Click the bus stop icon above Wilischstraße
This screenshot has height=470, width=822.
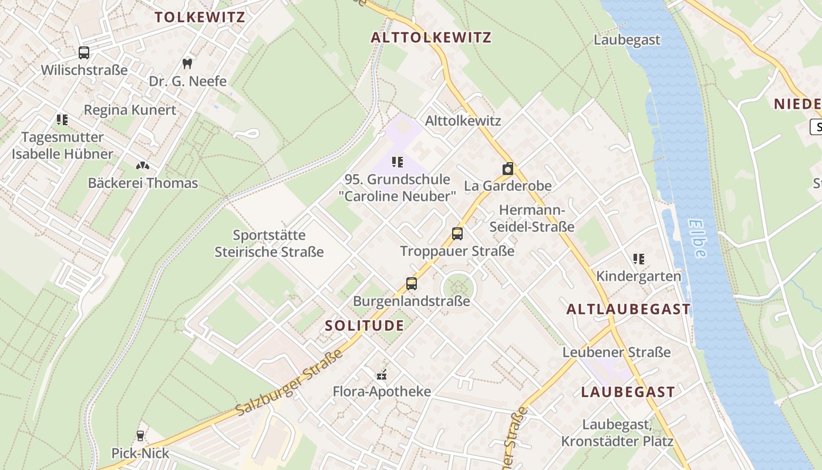click(x=84, y=53)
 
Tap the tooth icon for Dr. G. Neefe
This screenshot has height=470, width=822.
click(x=187, y=63)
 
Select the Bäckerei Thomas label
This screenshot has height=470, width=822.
click(x=143, y=183)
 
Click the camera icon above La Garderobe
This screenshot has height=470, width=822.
click(x=508, y=169)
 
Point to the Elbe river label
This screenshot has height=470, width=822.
click(x=698, y=238)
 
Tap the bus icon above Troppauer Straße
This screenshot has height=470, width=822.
click(x=457, y=234)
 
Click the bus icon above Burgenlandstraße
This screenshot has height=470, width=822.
click(x=412, y=284)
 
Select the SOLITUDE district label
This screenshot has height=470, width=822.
click(x=365, y=325)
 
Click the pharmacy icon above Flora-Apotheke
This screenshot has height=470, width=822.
click(x=382, y=374)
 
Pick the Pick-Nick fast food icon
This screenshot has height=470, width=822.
click(x=140, y=436)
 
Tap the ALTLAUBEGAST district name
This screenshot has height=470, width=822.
click(x=628, y=310)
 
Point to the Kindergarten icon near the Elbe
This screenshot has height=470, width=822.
click(x=639, y=259)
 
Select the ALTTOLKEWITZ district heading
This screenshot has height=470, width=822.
click(x=431, y=38)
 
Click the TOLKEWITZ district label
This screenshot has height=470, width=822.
click(x=200, y=16)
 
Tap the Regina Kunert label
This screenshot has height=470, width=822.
click(x=130, y=110)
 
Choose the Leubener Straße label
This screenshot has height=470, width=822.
click(x=616, y=352)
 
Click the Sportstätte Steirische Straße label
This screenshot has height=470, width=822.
click(x=269, y=243)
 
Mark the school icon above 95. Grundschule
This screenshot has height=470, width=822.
click(x=397, y=162)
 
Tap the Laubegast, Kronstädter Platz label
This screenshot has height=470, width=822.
click(x=617, y=432)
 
